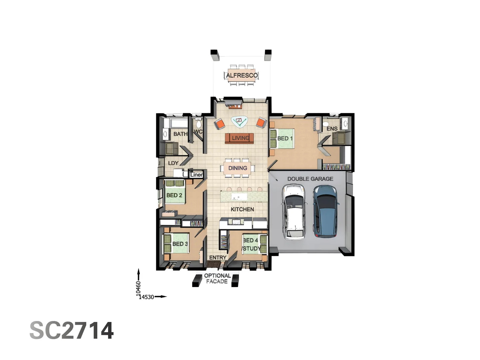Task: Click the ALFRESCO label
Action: coord(242,75)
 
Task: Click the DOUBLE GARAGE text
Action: coord(310,179)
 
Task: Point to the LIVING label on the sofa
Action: coord(240,138)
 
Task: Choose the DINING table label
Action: coord(238,168)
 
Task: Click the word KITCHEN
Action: coord(242,209)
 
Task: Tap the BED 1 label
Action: coord(285,138)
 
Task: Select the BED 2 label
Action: coord(174,195)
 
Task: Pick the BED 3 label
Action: coord(180,244)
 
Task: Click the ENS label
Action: coord(332,129)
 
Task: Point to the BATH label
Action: coord(180,134)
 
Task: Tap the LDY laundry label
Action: coord(173,163)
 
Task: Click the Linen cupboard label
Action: coord(196,175)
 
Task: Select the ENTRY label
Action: coord(218,258)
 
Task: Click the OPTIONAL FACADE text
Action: coord(217,278)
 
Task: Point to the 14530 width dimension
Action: coord(147,297)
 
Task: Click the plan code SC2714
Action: coord(72,330)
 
